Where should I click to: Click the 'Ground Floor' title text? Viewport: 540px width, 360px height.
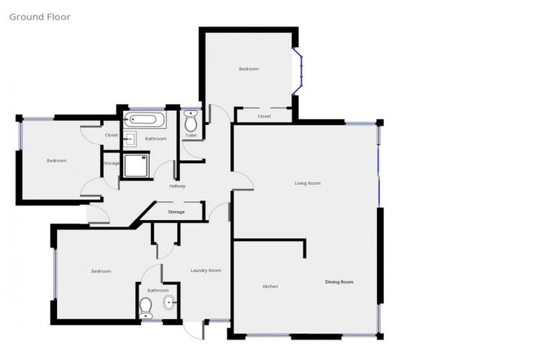39,17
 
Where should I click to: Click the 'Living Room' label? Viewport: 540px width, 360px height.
307,183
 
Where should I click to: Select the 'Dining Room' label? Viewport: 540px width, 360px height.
339,282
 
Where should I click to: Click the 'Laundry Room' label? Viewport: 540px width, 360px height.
206,270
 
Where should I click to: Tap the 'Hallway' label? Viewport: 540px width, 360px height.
177,186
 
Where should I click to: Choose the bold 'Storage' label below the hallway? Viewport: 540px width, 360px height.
176,212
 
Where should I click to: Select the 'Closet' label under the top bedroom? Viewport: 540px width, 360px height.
264,116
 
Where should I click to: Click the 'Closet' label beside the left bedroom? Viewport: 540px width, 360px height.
111,135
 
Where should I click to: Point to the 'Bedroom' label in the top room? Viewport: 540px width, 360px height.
249,69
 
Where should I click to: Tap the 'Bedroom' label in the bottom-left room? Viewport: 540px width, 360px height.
101,271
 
